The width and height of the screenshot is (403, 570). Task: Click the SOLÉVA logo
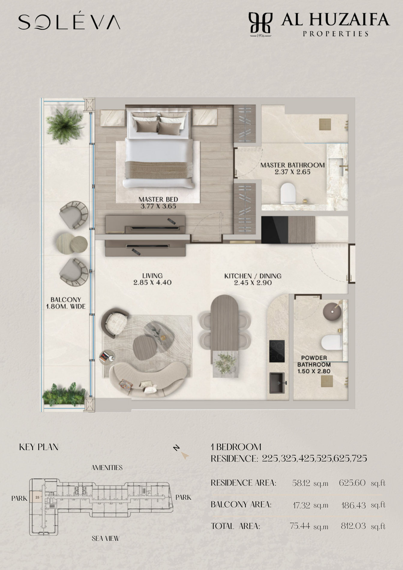69,22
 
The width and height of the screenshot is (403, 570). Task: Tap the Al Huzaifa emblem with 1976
260,24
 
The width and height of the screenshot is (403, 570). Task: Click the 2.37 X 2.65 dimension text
293,172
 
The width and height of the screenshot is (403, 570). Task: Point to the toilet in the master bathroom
288,193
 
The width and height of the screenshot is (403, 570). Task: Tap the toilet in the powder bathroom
332,342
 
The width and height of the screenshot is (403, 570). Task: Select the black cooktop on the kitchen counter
277,351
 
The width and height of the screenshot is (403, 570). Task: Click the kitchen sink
277,382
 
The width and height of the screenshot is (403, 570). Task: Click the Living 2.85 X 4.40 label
152,279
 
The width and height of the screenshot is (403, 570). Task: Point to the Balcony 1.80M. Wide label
66,303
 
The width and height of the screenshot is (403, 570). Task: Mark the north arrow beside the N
185,456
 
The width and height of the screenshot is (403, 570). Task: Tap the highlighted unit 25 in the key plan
37,497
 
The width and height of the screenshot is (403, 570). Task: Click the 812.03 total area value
353,526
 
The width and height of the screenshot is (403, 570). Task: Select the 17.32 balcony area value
302,505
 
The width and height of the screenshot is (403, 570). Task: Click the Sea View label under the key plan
106,538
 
